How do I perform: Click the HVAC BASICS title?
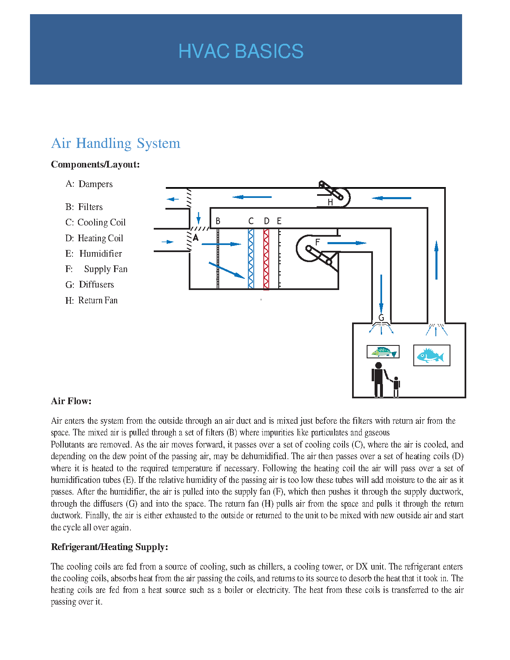pyautogui.click(x=241, y=51)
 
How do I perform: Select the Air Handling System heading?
pyautogui.click(x=115, y=143)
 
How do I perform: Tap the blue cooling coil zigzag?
pyautogui.click(x=251, y=259)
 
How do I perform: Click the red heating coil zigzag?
pyautogui.click(x=266, y=259)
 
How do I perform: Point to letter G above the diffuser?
pyautogui.click(x=381, y=318)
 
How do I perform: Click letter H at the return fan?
pyautogui.click(x=330, y=202)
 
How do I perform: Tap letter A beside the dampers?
pyautogui.click(x=195, y=238)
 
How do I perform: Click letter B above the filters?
pyautogui.click(x=218, y=221)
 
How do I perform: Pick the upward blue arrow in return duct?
pyautogui.click(x=436, y=260)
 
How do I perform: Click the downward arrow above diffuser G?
pyautogui.click(x=381, y=293)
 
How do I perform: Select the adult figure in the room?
pyautogui.click(x=378, y=379)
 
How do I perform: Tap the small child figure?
pyautogui.click(x=396, y=387)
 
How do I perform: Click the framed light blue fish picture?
pyautogui.click(x=432, y=355)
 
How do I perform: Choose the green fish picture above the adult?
pyautogui.click(x=383, y=352)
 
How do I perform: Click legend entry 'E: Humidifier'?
pyautogui.click(x=94, y=254)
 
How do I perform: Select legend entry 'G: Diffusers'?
pyautogui.click(x=90, y=285)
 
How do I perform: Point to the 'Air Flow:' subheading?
pyautogui.click(x=71, y=401)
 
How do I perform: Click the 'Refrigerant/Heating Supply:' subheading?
pyautogui.click(x=110, y=547)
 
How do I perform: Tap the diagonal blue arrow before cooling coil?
pyautogui.click(x=227, y=270)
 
